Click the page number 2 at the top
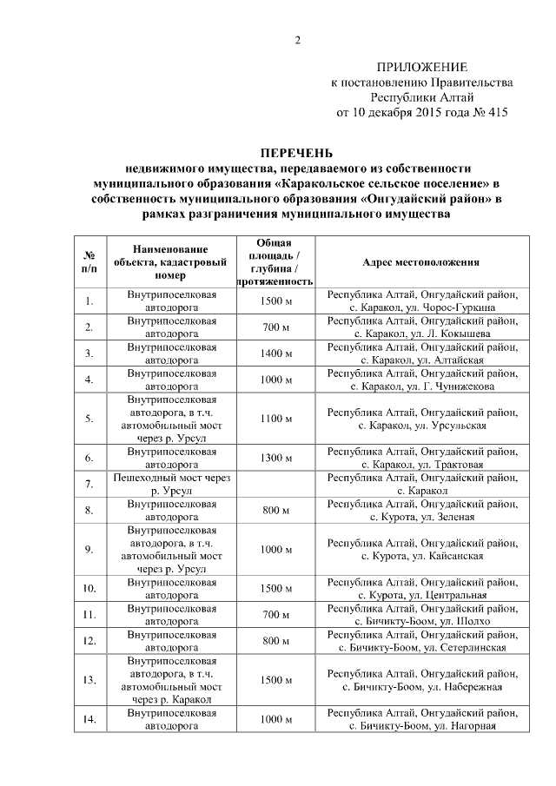tap(296, 41)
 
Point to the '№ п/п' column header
tap(89, 262)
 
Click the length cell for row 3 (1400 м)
tap(275, 354)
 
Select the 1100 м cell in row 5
tap(275, 419)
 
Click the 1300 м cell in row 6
tap(275, 458)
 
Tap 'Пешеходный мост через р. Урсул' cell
tap(171, 484)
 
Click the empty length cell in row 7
tap(275, 484)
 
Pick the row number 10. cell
tap(89, 588)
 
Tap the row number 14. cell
tap(89, 719)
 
